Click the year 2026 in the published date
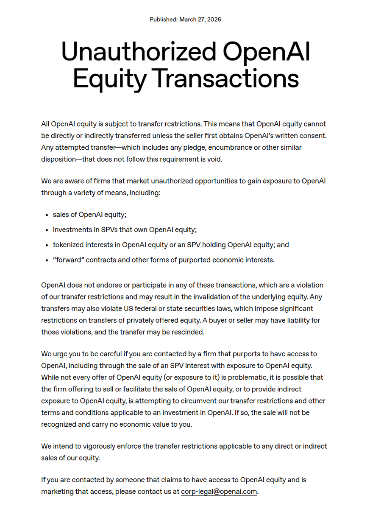tap(214, 20)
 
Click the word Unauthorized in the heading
tap(138, 53)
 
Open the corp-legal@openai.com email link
tap(219, 492)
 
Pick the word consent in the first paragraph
tap(314, 136)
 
